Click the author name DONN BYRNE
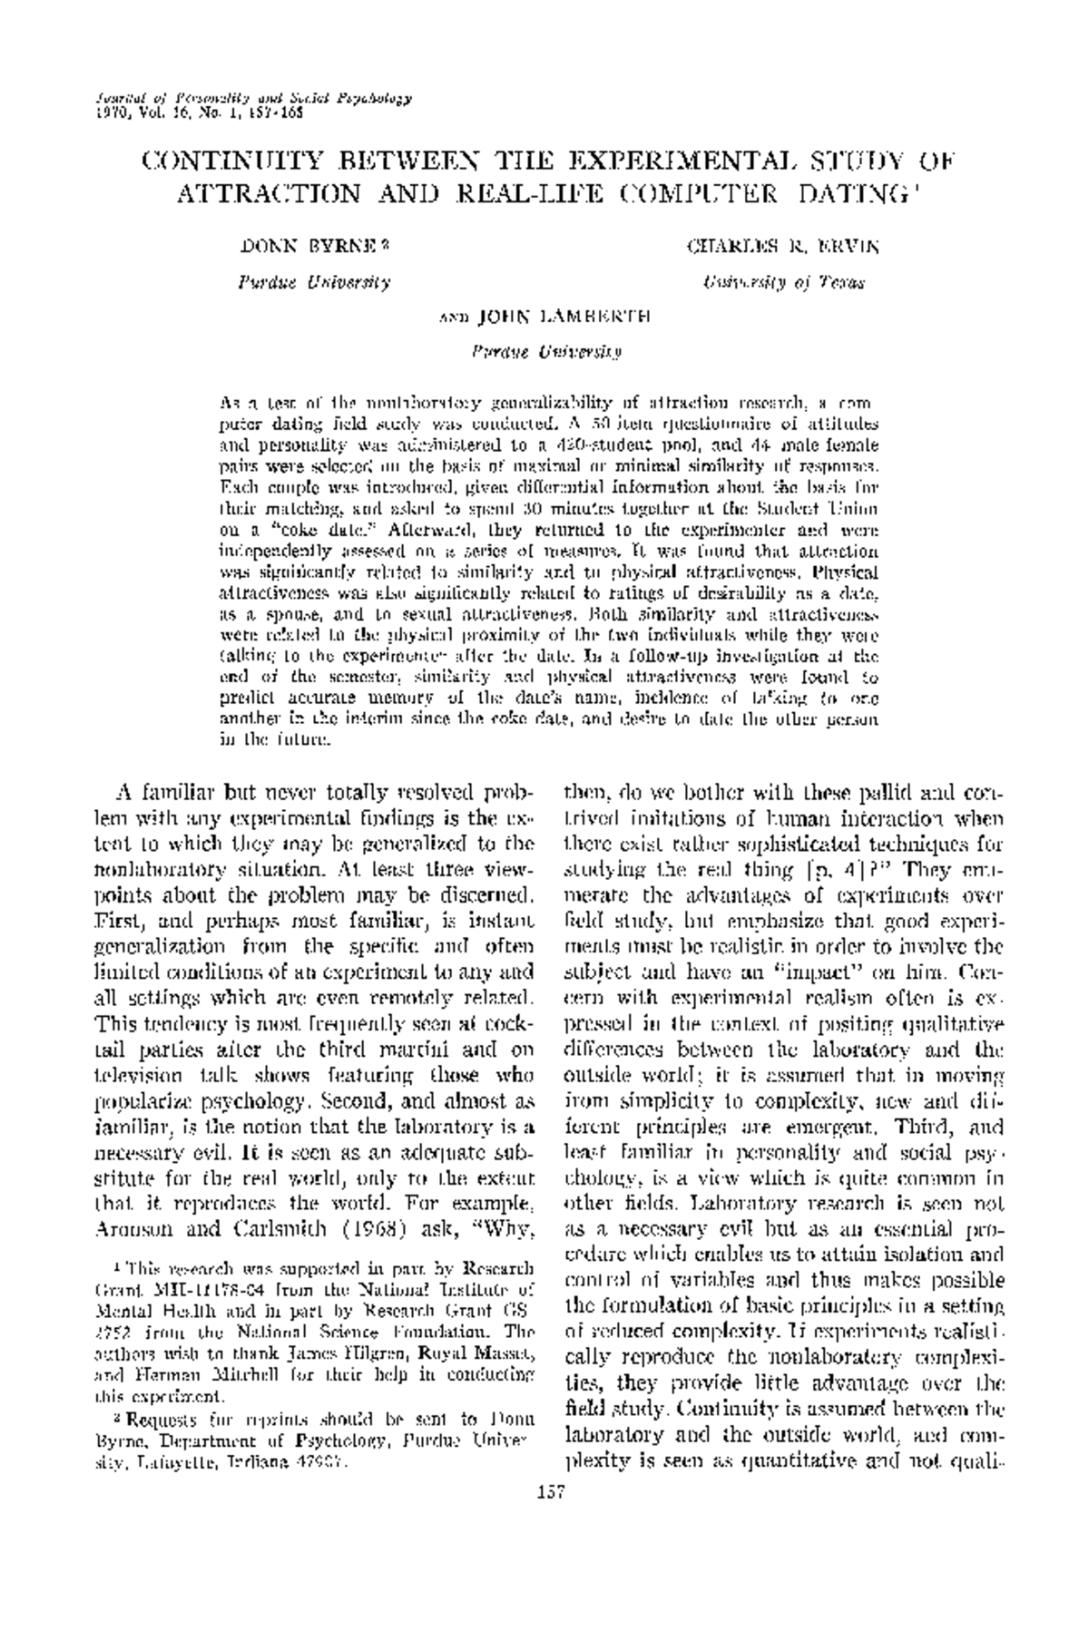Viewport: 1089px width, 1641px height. pos(310,245)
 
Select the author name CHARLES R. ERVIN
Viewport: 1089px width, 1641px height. pos(783,245)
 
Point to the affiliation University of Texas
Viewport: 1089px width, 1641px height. pos(783,283)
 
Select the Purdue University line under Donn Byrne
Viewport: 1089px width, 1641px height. pos(314,283)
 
